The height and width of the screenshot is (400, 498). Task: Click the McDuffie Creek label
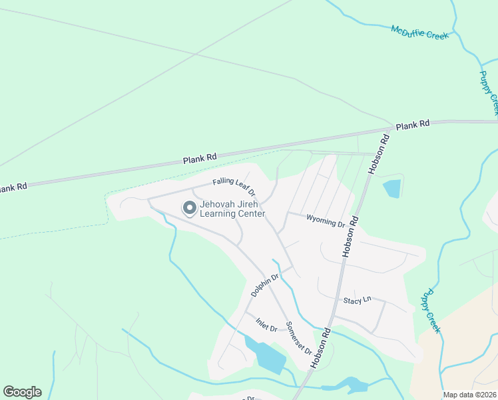(x=420, y=33)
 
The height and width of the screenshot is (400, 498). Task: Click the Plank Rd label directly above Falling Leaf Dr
(x=200, y=159)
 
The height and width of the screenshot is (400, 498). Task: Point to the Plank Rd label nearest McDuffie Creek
(x=413, y=125)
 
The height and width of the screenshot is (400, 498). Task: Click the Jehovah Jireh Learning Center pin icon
(x=190, y=208)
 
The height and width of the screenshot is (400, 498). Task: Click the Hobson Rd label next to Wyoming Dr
(x=351, y=237)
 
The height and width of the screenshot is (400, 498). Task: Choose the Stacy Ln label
(x=357, y=301)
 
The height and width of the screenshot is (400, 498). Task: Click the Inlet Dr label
(x=266, y=325)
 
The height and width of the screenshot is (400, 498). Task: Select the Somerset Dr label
(x=299, y=338)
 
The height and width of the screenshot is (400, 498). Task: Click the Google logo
(x=22, y=391)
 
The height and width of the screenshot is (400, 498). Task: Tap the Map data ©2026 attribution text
(x=469, y=395)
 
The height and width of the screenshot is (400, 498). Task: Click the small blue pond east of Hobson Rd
(x=392, y=189)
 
